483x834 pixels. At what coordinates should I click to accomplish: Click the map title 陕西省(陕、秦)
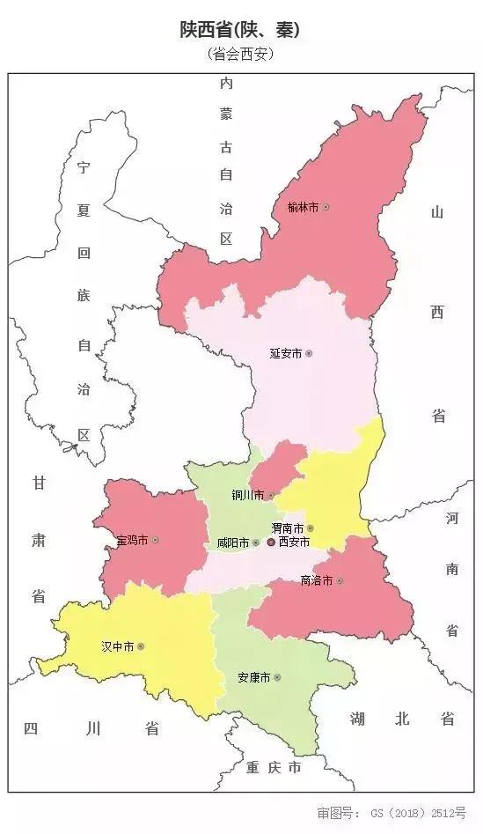(240, 30)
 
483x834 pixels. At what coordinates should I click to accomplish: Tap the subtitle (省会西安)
(240, 55)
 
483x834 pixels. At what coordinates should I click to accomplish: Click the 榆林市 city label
(303, 207)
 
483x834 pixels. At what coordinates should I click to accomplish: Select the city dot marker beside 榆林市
(326, 207)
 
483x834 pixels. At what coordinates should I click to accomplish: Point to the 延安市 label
(285, 353)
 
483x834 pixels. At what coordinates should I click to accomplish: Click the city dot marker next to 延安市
(309, 353)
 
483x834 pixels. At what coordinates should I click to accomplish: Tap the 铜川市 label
(247, 495)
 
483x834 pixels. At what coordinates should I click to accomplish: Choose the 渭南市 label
(287, 528)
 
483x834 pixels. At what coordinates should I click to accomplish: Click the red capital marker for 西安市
(271, 542)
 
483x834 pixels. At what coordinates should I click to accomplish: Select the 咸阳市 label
(232, 543)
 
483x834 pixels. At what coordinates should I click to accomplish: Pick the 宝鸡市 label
(132, 539)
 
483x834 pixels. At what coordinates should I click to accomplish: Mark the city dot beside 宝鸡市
(156, 539)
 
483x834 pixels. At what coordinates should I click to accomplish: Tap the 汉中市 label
(117, 646)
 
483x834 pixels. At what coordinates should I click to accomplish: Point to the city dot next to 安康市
(277, 677)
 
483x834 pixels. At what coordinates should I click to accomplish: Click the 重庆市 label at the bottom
(274, 768)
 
